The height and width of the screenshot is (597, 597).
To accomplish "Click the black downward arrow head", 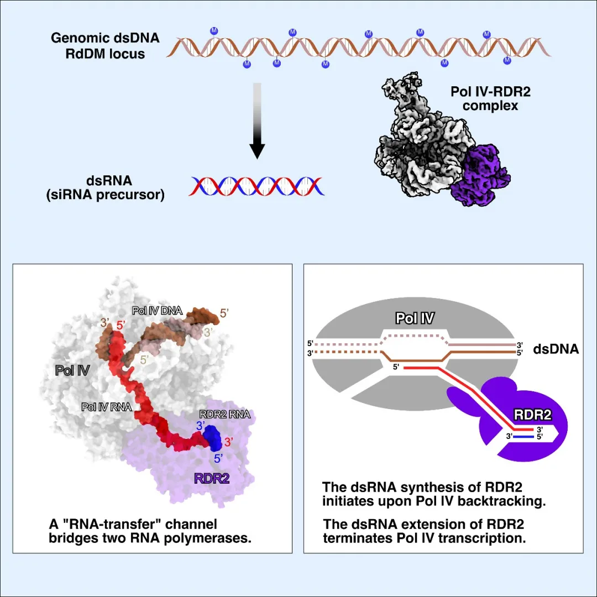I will click(x=257, y=149).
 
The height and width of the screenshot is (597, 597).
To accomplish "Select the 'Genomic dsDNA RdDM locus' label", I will click(x=105, y=46).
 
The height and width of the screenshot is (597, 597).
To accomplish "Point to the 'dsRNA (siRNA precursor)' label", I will click(x=105, y=188).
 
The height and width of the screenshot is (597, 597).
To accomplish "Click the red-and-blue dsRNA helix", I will click(x=257, y=186).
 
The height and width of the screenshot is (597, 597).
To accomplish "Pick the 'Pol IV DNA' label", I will click(x=157, y=311).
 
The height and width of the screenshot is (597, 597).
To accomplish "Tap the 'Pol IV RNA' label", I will click(x=106, y=407).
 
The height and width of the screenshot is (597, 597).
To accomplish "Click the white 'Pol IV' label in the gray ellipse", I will click(x=415, y=318).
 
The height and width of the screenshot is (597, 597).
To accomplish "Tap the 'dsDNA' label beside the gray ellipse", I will click(x=556, y=349).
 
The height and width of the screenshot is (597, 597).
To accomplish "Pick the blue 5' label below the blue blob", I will click(x=218, y=458).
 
